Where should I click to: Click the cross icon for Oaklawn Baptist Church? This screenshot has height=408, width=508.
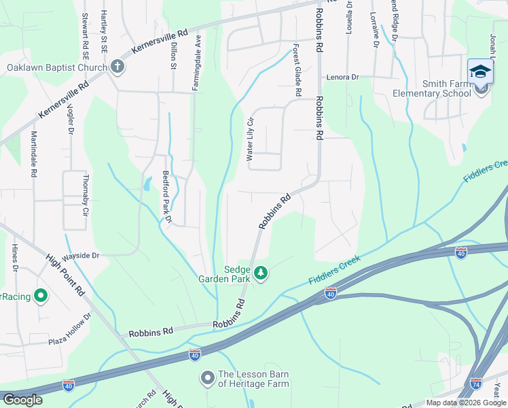(x=117, y=67)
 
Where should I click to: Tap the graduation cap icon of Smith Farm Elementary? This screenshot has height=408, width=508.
(x=480, y=71)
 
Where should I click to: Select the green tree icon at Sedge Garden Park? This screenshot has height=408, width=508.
(x=261, y=273)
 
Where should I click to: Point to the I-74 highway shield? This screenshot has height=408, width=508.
(x=476, y=384)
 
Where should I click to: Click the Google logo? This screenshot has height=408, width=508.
(x=23, y=400)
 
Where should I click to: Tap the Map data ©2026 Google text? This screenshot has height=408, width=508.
(x=465, y=403)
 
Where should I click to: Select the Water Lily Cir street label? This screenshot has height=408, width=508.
(x=249, y=138)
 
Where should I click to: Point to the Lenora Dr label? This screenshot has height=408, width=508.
(x=342, y=78)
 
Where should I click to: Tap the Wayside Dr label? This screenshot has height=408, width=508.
(x=81, y=256)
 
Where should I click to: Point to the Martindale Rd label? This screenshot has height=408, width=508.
(x=33, y=154)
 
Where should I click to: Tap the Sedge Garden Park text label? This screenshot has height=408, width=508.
(x=224, y=273)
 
